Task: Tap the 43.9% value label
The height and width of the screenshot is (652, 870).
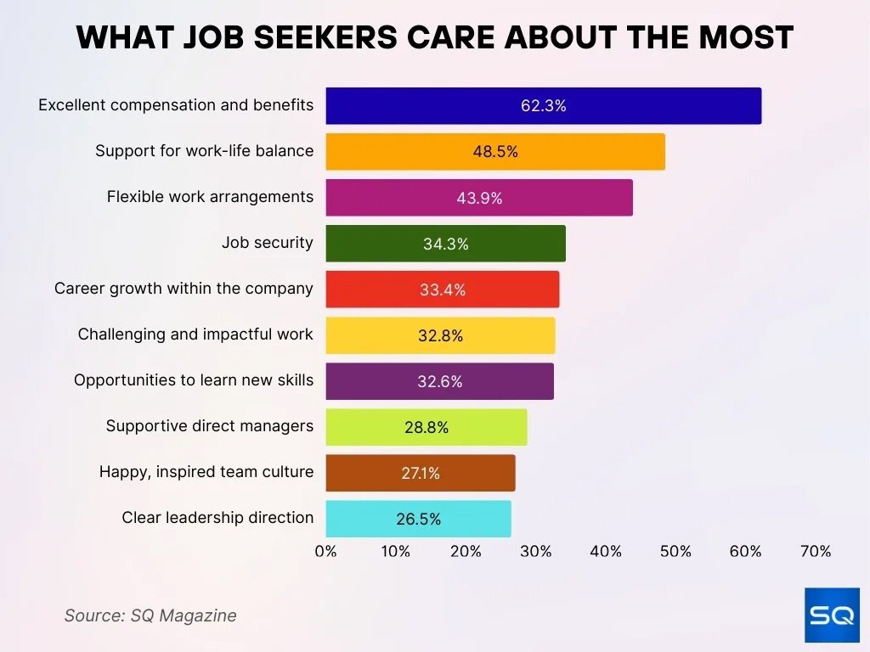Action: pyautogui.click(x=479, y=198)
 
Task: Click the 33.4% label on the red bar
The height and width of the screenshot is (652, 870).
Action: pyautogui.click(x=443, y=289)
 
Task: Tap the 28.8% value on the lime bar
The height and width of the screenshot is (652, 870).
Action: pyautogui.click(x=427, y=427)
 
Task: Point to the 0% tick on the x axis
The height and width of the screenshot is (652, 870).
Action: pyautogui.click(x=326, y=551)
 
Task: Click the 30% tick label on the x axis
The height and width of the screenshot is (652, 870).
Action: pyautogui.click(x=536, y=551)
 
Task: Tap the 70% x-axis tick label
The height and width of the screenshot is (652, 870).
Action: pyautogui.click(x=816, y=551)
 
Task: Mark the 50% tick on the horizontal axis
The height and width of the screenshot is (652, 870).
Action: pyautogui.click(x=675, y=551)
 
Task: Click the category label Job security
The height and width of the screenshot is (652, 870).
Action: pyautogui.click(x=267, y=243)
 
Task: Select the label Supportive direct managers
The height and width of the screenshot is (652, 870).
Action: pyautogui.click(x=209, y=426)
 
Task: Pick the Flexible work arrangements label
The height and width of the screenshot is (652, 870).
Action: pyautogui.click(x=210, y=197)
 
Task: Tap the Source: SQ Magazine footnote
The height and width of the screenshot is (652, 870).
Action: pyautogui.click(x=150, y=615)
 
